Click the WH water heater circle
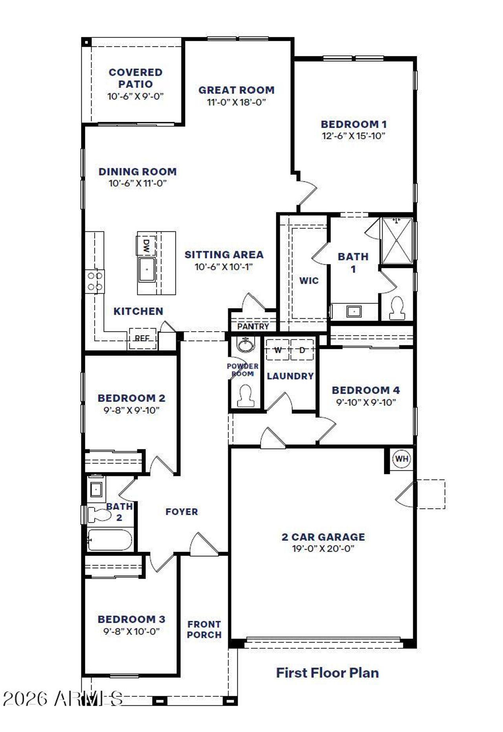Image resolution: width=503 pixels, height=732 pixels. click(401, 459)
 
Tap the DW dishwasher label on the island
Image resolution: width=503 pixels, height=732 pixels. click(146, 246)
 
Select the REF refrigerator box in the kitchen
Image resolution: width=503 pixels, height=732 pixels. click(142, 338)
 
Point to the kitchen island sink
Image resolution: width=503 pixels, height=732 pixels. click(147, 269)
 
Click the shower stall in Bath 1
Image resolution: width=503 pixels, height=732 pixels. click(397, 240)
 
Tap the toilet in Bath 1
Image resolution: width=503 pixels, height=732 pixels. click(397, 308)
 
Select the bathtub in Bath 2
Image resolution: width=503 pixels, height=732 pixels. click(110, 540)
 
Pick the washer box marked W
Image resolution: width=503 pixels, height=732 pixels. click(278, 350)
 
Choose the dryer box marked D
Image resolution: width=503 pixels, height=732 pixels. click(302, 350)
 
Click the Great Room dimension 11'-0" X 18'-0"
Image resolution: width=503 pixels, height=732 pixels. click(236, 102)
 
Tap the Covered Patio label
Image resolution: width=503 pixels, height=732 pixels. click(136, 78)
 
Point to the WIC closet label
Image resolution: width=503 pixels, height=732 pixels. click(309, 281)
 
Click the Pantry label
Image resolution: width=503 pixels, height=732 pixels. click(253, 326)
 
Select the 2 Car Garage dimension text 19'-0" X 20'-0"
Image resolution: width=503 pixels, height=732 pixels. click(323, 549)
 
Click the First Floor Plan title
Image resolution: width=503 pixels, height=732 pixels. click(327, 673)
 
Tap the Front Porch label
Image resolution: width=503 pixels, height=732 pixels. click(204, 629)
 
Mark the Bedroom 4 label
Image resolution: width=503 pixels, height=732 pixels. click(366, 390)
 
